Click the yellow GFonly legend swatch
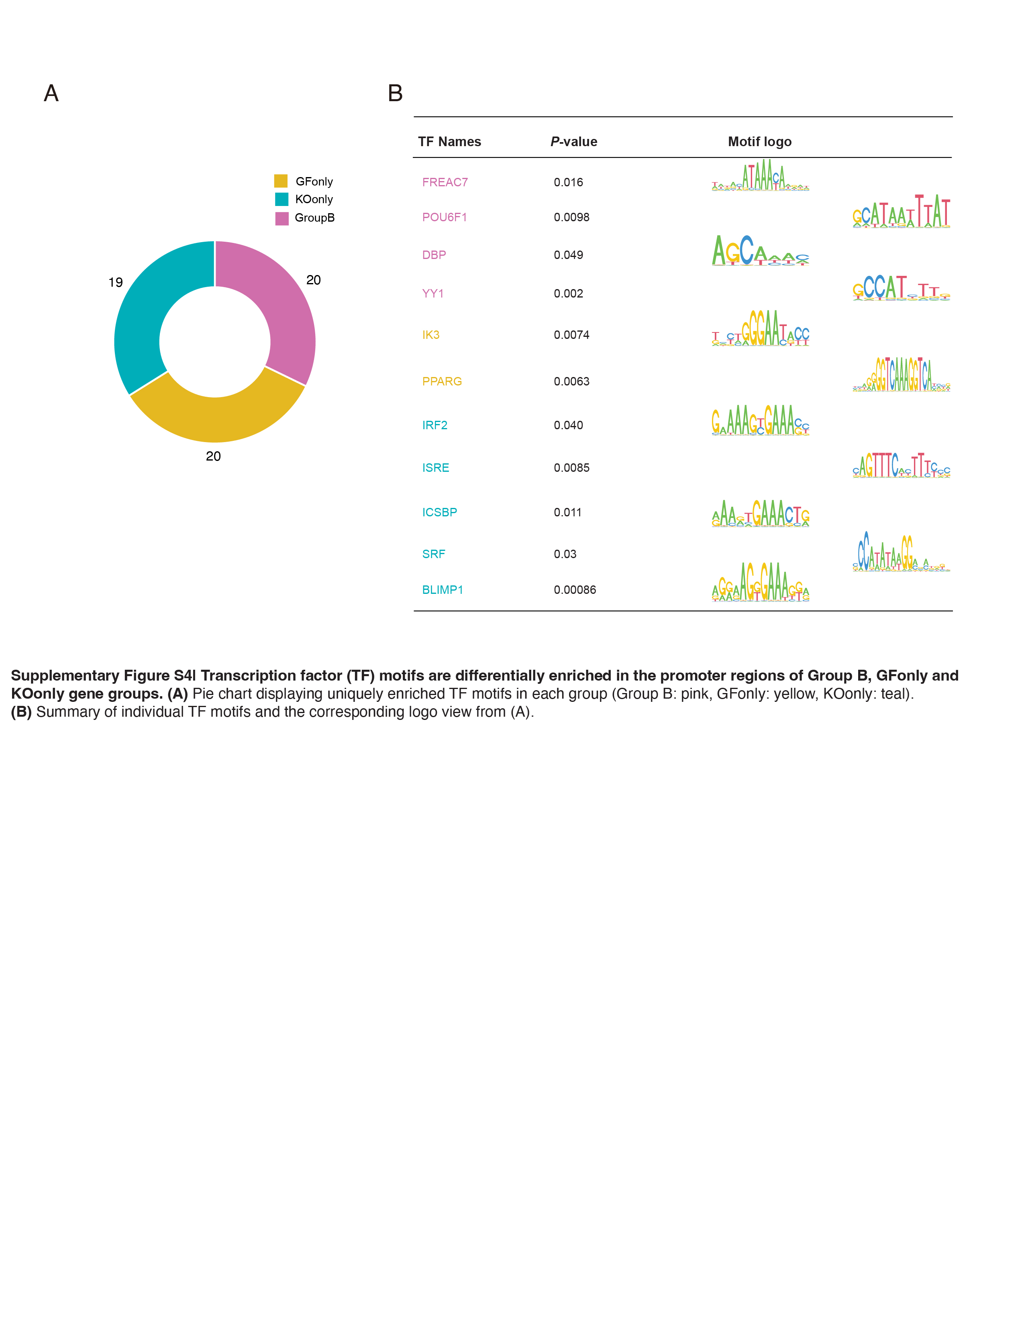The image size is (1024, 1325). [281, 181]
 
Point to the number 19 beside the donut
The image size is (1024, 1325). [115, 282]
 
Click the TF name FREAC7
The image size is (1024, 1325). [445, 182]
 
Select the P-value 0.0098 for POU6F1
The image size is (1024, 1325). [571, 217]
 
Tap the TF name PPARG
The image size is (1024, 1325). [442, 381]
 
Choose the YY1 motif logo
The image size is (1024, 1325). [901, 288]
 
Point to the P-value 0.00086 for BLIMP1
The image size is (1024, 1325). [575, 590]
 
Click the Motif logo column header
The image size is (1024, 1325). [759, 141]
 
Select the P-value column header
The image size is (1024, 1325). [573, 141]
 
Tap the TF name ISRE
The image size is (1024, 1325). [436, 468]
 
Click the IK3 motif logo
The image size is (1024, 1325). [760, 329]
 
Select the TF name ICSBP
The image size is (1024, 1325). [439, 512]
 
